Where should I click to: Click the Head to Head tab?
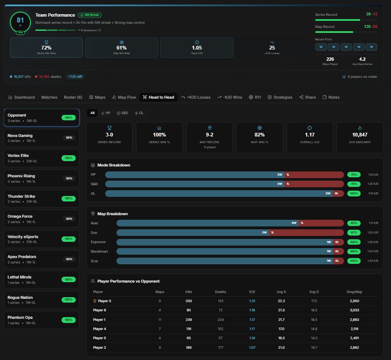(158, 97)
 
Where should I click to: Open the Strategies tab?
(280, 97)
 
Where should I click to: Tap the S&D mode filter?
(122, 113)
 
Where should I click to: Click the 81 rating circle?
(20, 21)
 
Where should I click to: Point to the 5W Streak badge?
(89, 15)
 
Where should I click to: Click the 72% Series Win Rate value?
(46, 48)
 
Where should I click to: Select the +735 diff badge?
(75, 77)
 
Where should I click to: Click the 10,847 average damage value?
(359, 135)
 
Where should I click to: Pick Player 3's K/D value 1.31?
(252, 301)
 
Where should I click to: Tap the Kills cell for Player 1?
(188, 320)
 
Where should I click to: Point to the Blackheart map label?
(99, 251)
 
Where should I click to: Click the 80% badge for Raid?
(354, 223)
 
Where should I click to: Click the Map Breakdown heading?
(112, 214)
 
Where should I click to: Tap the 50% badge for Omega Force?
(69, 218)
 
